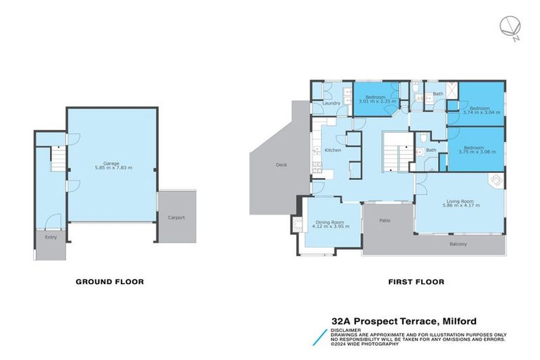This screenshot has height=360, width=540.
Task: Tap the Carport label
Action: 176,218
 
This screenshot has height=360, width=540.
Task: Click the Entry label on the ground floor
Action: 51,237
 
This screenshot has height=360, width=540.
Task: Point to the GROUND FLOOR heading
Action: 110,281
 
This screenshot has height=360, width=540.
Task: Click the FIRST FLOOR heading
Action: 416,281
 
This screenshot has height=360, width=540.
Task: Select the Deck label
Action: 281,165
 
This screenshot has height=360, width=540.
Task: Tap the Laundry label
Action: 331,103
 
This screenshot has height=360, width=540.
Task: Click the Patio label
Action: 385,221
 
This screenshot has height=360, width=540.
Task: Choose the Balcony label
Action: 458,244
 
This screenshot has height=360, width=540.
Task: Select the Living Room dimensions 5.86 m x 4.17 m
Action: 461,205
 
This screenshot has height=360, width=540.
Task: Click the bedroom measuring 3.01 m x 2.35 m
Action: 377,99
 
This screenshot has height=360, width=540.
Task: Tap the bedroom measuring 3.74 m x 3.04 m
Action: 482,110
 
